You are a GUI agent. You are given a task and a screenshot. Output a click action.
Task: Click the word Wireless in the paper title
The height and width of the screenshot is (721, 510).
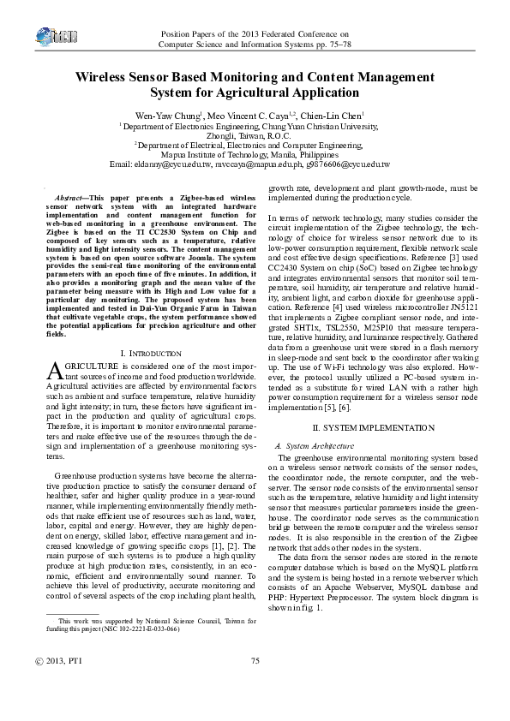(x=105, y=76)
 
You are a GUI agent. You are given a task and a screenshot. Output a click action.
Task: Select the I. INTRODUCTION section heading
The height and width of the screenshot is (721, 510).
(x=151, y=354)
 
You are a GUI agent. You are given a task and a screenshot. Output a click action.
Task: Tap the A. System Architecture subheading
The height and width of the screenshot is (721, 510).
(x=312, y=446)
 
